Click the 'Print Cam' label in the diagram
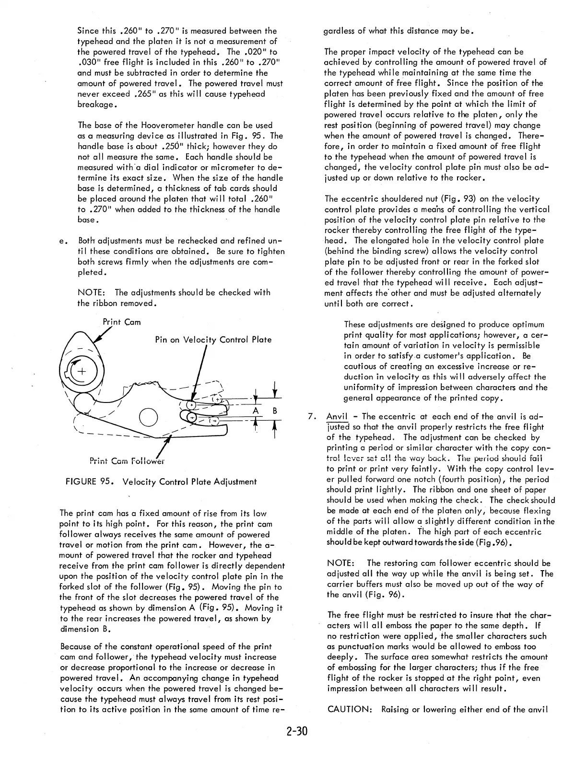coord(122,322)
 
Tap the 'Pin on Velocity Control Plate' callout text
coord(213,340)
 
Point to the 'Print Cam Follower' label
coord(127,461)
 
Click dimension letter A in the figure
coord(256,411)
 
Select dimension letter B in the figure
coord(275,411)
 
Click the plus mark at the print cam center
coord(82,372)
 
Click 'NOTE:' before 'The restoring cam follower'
coord(341,563)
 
